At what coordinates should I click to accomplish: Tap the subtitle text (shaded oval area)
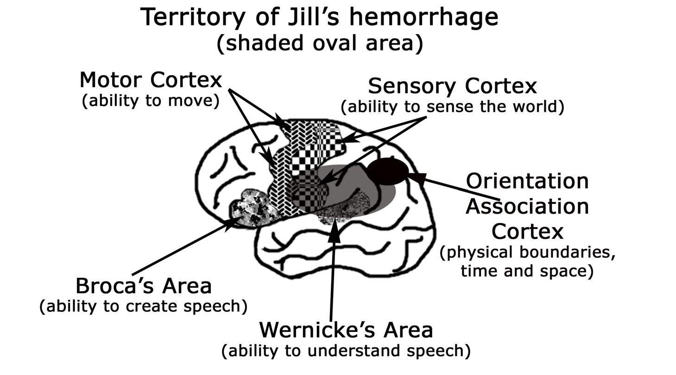pyautogui.click(x=320, y=44)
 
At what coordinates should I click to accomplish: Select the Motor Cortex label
pyautogui.click(x=151, y=80)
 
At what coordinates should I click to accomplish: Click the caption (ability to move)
pyautogui.click(x=151, y=101)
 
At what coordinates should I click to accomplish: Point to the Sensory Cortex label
pyautogui.click(x=452, y=86)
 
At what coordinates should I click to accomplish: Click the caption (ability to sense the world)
pyautogui.click(x=452, y=107)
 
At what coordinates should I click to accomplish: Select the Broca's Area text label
pyautogui.click(x=143, y=286)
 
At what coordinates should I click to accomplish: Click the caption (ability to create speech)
pyautogui.click(x=143, y=306)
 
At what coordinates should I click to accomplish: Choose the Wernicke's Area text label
pyautogui.click(x=346, y=330)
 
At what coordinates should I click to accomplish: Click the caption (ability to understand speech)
pyautogui.click(x=346, y=351)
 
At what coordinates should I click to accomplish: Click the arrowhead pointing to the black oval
pyautogui.click(x=415, y=178)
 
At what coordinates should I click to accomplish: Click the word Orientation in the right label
pyautogui.click(x=527, y=181)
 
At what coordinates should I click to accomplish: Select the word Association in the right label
pyautogui.click(x=527, y=206)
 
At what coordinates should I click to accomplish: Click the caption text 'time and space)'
pyautogui.click(x=527, y=271)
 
